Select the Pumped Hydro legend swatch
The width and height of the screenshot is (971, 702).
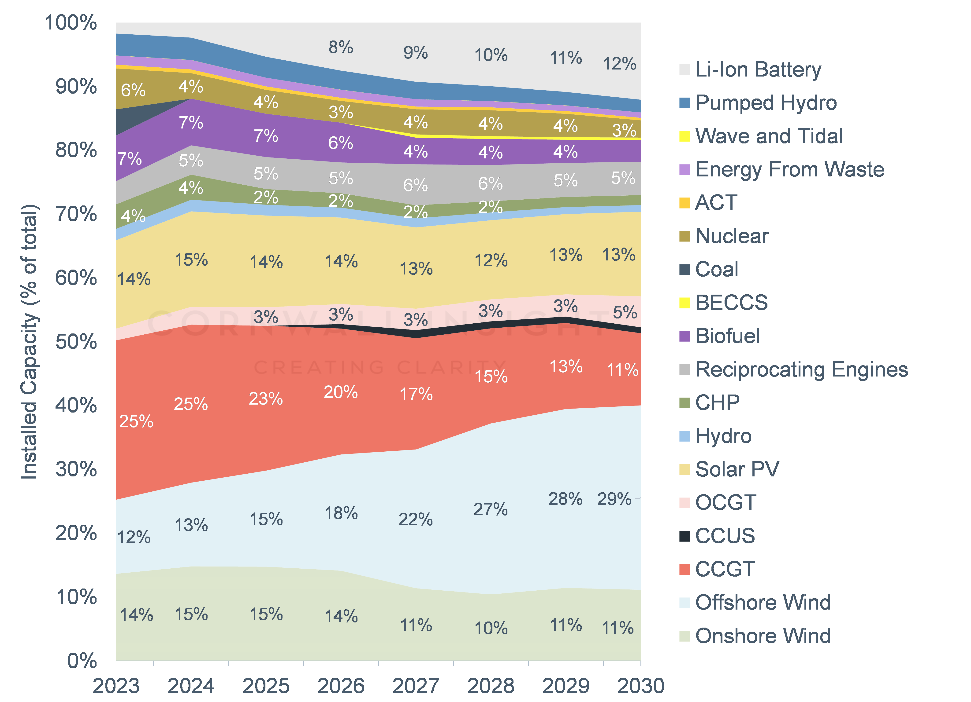coord(685,103)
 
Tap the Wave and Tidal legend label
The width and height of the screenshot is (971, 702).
coord(769,136)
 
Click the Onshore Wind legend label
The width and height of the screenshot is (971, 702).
coord(763,636)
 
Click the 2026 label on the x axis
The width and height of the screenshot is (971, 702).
coord(341,686)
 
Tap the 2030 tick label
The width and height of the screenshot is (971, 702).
coord(640,686)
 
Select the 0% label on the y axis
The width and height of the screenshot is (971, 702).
coord(82,661)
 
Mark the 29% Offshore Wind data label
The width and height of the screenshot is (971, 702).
coord(614,499)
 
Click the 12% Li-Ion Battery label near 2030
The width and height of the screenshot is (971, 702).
coord(620,64)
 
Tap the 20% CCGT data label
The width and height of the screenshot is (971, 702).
coord(341,392)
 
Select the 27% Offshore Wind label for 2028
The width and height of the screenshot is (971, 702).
coord(491,509)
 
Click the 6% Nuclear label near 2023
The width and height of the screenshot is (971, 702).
coord(133,90)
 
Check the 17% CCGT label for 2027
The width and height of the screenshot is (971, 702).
coord(416,394)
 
